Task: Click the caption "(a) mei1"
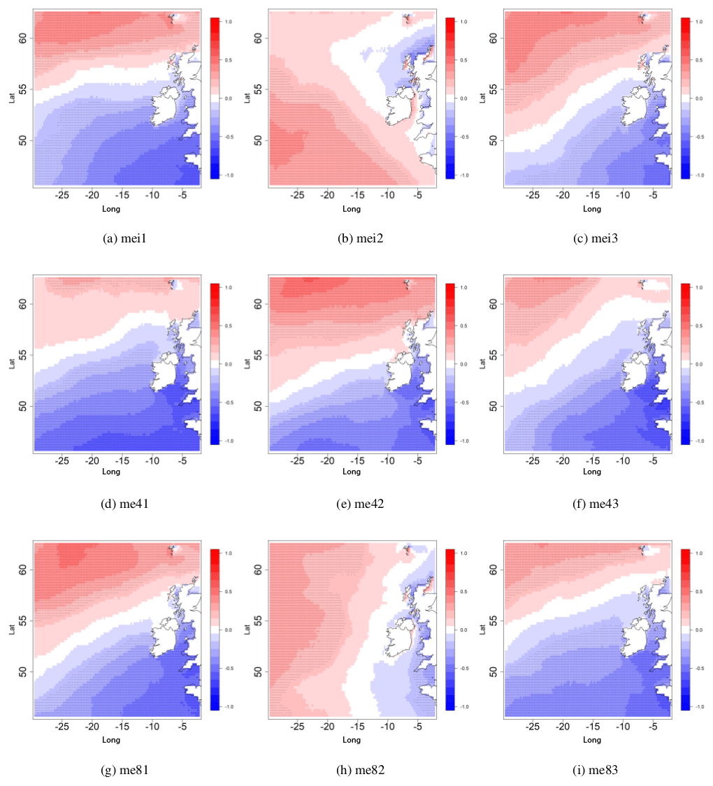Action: click(x=124, y=239)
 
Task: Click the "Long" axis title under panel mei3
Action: click(x=591, y=209)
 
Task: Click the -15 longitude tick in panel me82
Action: click(x=356, y=727)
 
